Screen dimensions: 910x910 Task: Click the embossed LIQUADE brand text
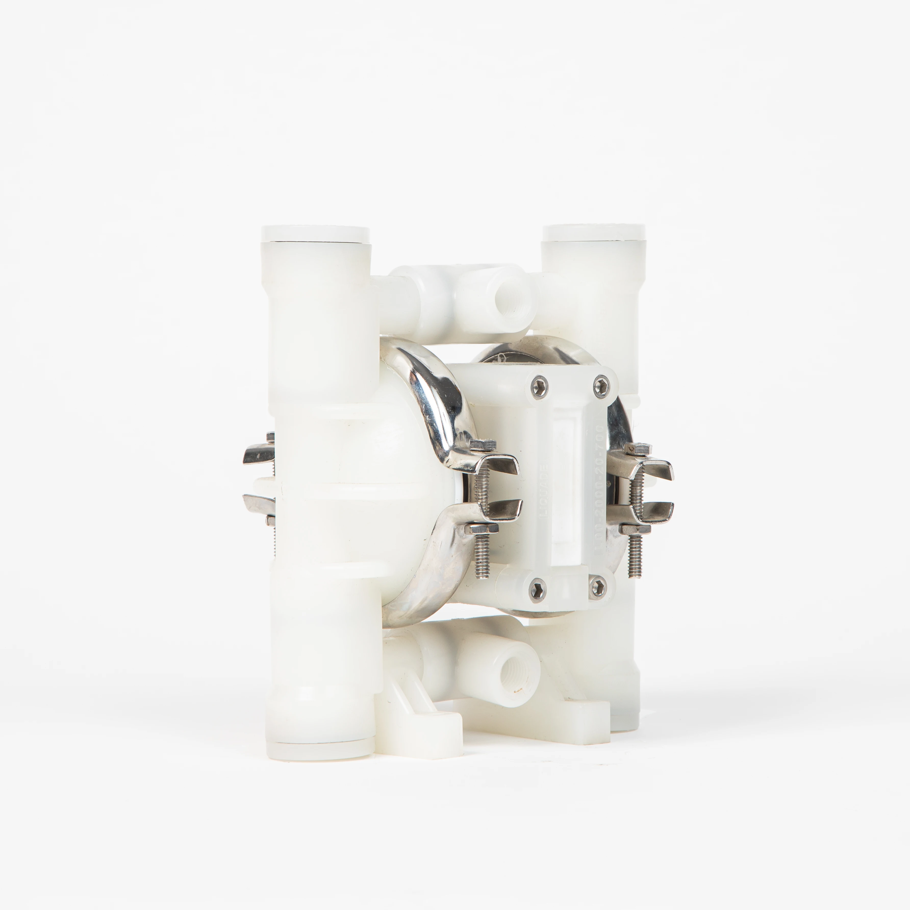tap(544, 490)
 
